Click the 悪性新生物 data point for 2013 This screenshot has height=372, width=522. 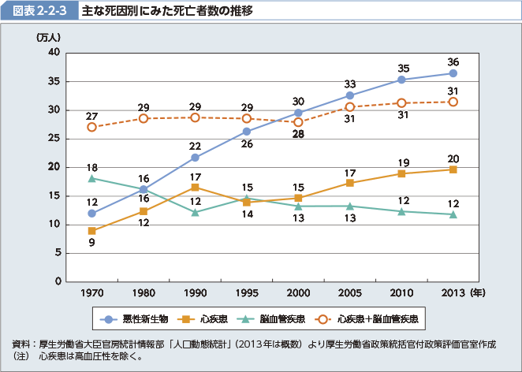click(453, 73)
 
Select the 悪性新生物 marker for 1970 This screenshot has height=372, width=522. click(92, 214)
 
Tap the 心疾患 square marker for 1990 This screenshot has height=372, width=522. click(195, 188)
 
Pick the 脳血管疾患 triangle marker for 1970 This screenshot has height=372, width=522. click(92, 179)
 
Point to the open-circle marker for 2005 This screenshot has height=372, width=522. click(350, 106)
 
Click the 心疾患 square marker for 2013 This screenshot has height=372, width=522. click(453, 169)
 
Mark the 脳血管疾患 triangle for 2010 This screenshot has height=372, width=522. click(401, 211)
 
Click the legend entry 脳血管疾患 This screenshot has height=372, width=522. click(279, 319)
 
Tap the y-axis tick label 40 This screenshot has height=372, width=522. click(54, 52)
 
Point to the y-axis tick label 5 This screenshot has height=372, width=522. click(57, 253)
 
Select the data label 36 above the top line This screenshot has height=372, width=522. click(453, 61)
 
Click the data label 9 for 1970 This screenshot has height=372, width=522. click(92, 243)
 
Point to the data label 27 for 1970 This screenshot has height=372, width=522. click(92, 116)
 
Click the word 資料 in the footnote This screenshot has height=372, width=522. click(21, 344)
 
